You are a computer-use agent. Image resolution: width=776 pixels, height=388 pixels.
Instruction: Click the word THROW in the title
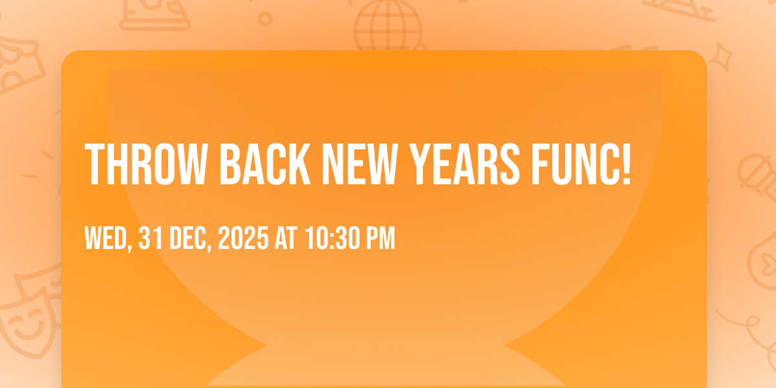(146, 164)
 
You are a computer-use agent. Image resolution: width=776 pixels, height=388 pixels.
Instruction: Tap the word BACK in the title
(265, 164)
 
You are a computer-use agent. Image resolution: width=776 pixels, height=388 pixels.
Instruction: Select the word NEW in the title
(360, 164)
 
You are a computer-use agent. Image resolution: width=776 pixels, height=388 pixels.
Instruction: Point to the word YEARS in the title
(464, 164)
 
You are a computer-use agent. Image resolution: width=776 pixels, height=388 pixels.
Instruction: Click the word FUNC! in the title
(581, 164)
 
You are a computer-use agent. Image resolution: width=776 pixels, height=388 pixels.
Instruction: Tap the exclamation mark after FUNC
(627, 164)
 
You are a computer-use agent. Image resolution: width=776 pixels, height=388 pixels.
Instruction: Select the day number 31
(151, 238)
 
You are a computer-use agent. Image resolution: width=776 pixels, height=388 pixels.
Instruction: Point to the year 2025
(243, 238)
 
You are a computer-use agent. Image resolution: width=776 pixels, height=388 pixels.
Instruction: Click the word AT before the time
(286, 238)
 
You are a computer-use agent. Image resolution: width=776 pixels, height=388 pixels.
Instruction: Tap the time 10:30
(332, 238)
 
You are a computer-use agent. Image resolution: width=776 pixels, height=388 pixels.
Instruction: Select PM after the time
(381, 238)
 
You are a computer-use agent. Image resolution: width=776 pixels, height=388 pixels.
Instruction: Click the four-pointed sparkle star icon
(722, 57)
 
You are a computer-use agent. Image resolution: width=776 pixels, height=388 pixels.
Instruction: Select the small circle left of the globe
(265, 19)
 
